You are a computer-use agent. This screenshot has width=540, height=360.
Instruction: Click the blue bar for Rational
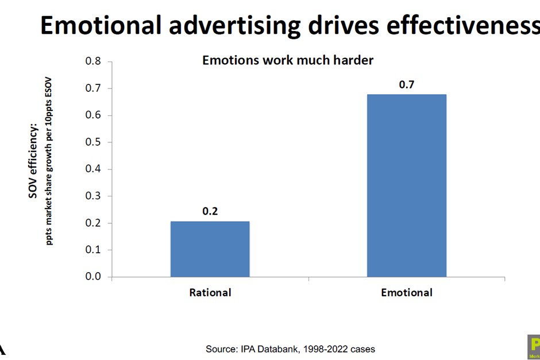point(210,249)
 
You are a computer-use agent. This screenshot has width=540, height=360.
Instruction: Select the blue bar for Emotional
point(406,185)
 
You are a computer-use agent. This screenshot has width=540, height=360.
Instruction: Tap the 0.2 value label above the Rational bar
point(210,211)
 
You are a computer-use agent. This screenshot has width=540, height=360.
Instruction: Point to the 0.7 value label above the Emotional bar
point(407,85)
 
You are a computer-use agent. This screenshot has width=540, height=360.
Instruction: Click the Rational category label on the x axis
point(210,292)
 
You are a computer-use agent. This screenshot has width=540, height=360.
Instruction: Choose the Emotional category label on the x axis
point(407,292)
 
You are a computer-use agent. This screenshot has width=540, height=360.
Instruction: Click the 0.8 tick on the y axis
point(93,61)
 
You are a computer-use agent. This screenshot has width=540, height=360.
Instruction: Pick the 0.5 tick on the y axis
point(93,142)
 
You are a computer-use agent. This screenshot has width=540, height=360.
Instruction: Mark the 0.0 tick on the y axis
point(93,277)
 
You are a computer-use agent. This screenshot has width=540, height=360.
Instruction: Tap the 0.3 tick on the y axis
point(93,196)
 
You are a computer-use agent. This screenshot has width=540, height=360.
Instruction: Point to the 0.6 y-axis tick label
point(93,115)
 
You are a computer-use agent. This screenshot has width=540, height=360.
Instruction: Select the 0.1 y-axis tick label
point(93,250)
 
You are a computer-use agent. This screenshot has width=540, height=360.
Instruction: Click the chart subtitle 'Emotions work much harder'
point(288,60)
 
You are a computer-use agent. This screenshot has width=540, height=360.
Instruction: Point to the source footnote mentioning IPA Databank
point(291,349)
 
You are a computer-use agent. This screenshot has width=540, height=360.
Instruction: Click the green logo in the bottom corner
point(534,346)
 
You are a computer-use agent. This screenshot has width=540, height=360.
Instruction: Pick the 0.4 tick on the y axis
point(93,169)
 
